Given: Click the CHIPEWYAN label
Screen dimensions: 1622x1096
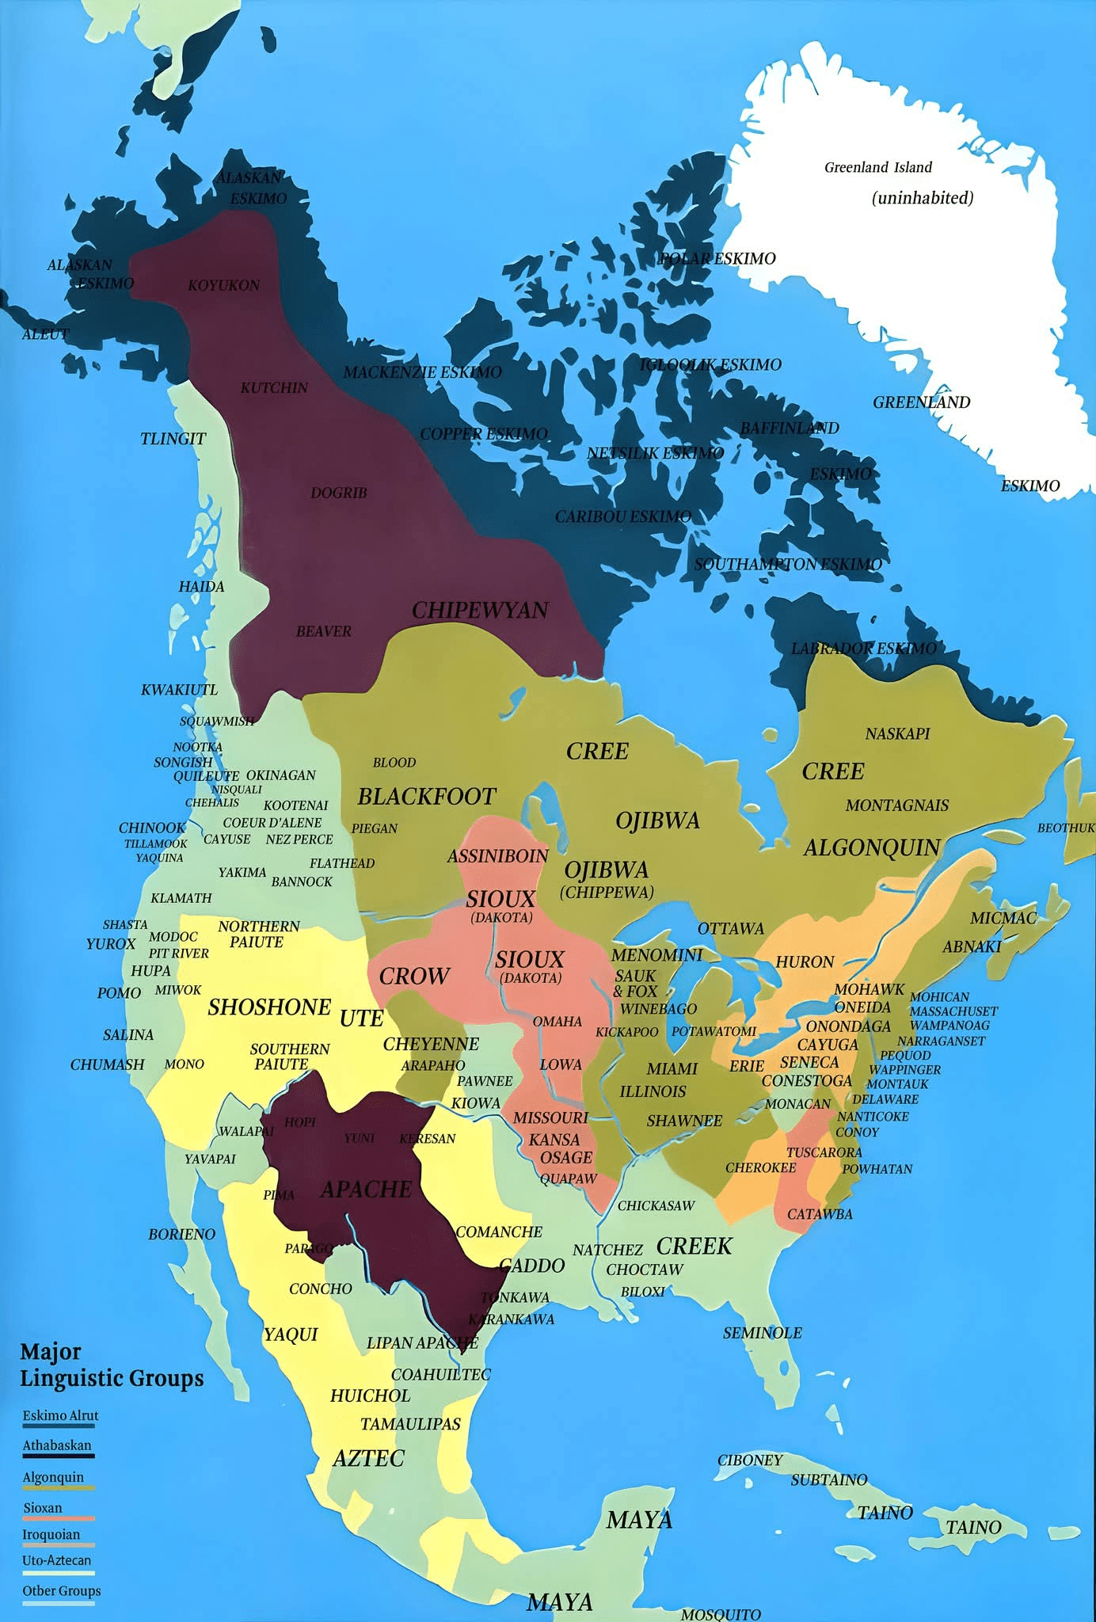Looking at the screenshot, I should pos(480,610).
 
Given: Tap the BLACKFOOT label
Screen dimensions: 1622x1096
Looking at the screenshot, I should pos(427,796).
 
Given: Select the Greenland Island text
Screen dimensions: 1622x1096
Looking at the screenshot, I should pos(878,167).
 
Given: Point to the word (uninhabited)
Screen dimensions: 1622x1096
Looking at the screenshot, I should pos(923,198).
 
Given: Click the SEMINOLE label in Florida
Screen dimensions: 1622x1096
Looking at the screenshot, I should pos(762,1333).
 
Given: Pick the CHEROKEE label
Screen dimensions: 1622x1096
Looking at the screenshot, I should pos(760,1167).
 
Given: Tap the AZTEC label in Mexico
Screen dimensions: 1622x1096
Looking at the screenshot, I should pos(368,1458).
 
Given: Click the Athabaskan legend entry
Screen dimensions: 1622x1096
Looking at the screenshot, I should pos(57,1445).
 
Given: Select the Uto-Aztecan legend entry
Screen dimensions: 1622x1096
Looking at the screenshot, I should pos(57,1559).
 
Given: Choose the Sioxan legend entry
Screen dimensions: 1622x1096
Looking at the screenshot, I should pos(43,1507).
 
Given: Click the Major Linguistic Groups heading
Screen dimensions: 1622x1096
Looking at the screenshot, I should pos(111,1365).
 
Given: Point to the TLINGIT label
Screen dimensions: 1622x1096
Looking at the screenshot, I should pos(173,439).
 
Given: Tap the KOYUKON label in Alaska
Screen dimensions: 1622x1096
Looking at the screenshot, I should pos(223,285).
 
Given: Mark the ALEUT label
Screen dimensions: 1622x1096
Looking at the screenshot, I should pos(45,334).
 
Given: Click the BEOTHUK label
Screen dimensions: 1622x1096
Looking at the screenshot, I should pos(1066,828).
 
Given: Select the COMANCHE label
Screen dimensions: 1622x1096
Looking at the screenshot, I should pos(499,1232).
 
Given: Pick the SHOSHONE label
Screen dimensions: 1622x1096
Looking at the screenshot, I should pos(269,1007).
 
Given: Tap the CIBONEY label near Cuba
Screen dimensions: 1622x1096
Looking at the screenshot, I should pos(750,1460).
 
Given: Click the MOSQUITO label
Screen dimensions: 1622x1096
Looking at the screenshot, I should pos(721,1614).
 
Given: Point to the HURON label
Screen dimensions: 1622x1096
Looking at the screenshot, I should pos(805,961).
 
